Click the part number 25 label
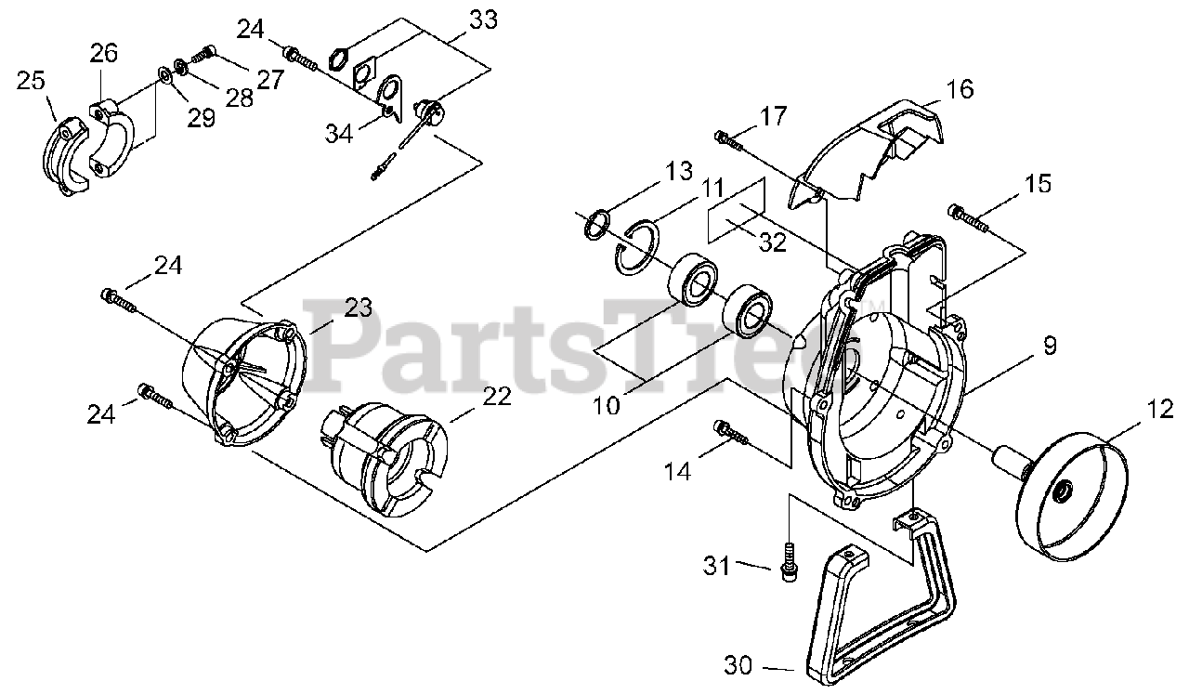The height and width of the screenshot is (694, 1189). click(31, 81)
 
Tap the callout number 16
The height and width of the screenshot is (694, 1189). click(960, 89)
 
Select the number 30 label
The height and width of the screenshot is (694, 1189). click(739, 665)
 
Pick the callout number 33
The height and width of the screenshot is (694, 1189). click(482, 18)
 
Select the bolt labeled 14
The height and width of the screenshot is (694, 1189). click(728, 429)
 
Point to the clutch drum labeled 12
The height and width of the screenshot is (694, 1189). click(1073, 502)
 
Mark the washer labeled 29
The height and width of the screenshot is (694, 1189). click(164, 74)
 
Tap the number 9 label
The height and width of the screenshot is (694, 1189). click(1049, 347)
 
